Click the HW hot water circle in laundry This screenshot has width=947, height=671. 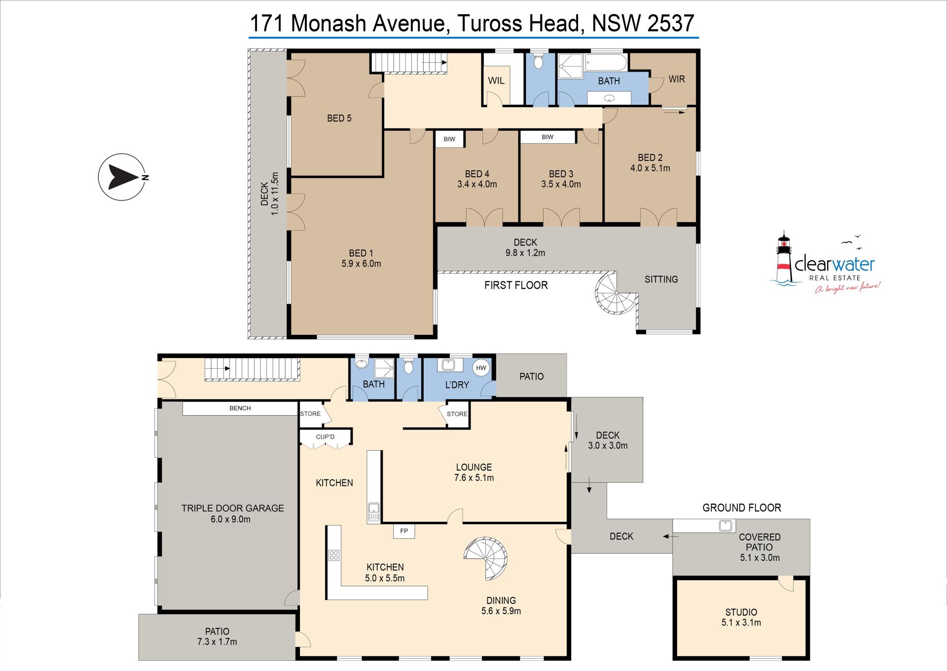[x=481, y=368]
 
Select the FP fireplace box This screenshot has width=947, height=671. [x=404, y=531]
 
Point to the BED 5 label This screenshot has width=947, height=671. [x=339, y=118]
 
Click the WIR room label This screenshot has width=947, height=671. [x=677, y=79]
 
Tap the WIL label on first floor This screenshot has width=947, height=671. [x=496, y=80]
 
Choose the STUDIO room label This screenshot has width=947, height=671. [x=741, y=612]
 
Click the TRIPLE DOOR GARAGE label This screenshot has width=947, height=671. [x=232, y=508]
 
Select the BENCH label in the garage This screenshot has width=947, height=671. [x=240, y=408]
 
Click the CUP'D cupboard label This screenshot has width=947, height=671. [x=325, y=437]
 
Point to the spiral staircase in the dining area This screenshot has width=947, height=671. [x=486, y=558]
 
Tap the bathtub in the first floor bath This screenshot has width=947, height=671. [x=606, y=63]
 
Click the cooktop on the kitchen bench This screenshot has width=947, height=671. [x=333, y=555]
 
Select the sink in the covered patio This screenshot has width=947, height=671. [x=726, y=526]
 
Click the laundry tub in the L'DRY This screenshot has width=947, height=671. [x=448, y=365]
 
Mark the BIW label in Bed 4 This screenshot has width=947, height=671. [x=449, y=139]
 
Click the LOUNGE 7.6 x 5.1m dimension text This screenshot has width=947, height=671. [x=473, y=478]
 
